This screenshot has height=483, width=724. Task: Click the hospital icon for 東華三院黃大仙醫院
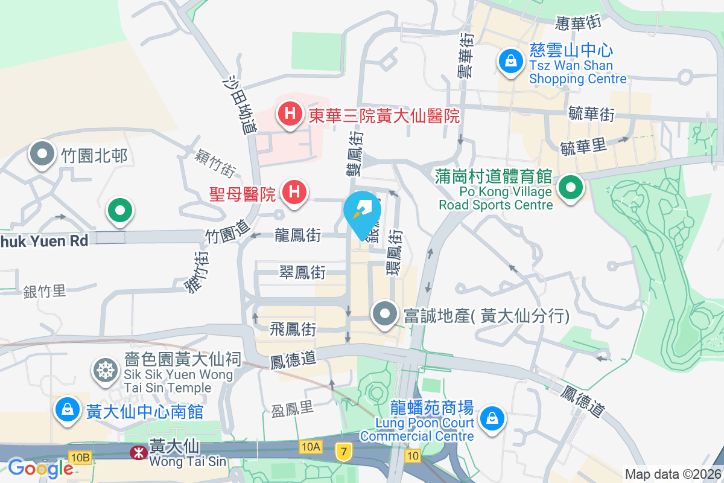pos(290,113)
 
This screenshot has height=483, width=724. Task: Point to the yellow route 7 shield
pos(343,452)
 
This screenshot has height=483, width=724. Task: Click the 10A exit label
pos(310,447)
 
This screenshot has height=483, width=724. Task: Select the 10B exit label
pos(80,457)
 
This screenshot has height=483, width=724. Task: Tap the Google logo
pos(40,469)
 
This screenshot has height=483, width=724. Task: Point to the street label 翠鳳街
pos(302,273)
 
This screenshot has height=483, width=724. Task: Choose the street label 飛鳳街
pos(293,330)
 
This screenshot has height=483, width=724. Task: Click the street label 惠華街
pos(578,23)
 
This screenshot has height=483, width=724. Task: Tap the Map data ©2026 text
pos(673,474)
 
